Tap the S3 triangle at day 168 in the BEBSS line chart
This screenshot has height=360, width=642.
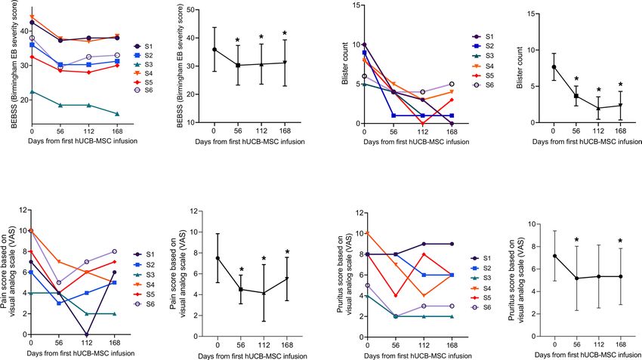[x=117, y=114]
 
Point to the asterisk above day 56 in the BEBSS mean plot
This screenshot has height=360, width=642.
[x=237, y=41]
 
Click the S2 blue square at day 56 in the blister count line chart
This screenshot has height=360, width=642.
[x=393, y=115]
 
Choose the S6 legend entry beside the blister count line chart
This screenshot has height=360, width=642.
[x=480, y=85]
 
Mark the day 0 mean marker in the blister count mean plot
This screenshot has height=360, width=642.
[x=554, y=67]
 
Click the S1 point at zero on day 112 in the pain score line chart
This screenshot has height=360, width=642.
[x=88, y=334]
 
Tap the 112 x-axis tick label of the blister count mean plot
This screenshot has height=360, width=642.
[x=598, y=133]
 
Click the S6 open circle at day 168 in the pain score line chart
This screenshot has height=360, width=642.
[x=115, y=251]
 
